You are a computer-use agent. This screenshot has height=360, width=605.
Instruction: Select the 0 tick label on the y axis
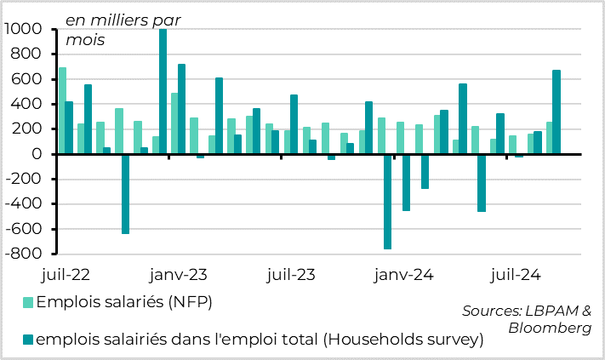pyautogui.click(x=38, y=154)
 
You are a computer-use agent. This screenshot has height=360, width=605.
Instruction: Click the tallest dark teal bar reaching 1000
pyautogui.click(x=163, y=91)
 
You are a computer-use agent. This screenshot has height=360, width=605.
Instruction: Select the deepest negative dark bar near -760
pyautogui.click(x=387, y=202)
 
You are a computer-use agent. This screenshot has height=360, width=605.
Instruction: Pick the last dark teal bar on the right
pyautogui.click(x=556, y=111)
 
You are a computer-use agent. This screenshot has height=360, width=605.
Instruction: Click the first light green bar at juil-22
pyautogui.click(x=62, y=111)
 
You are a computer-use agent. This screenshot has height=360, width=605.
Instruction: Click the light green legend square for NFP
pyautogui.click(x=27, y=302)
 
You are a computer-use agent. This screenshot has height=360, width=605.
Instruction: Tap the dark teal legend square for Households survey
pyautogui.click(x=27, y=340)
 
